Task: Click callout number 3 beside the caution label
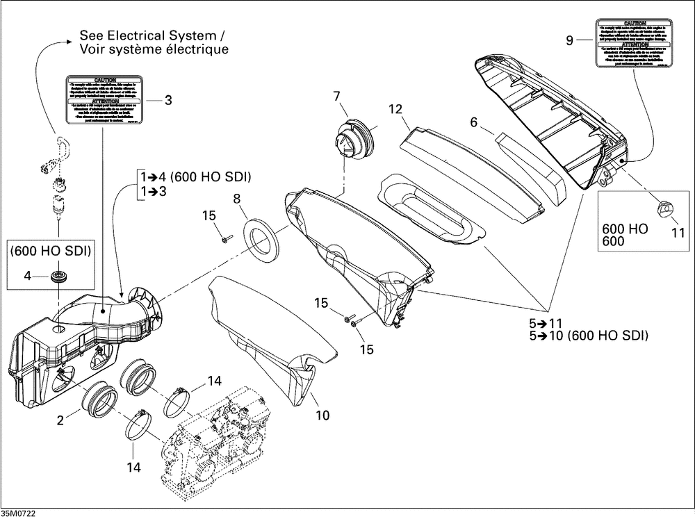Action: (168, 99)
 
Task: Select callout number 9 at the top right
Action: (569, 41)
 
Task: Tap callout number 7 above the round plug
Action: (336, 95)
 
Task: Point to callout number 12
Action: (395, 109)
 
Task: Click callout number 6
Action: (474, 122)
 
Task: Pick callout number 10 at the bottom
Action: (322, 415)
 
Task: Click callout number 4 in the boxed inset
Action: (28, 276)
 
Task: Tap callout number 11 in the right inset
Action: (674, 231)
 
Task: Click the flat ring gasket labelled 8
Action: (262, 238)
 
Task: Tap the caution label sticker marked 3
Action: (105, 99)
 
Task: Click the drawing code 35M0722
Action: (19, 513)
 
